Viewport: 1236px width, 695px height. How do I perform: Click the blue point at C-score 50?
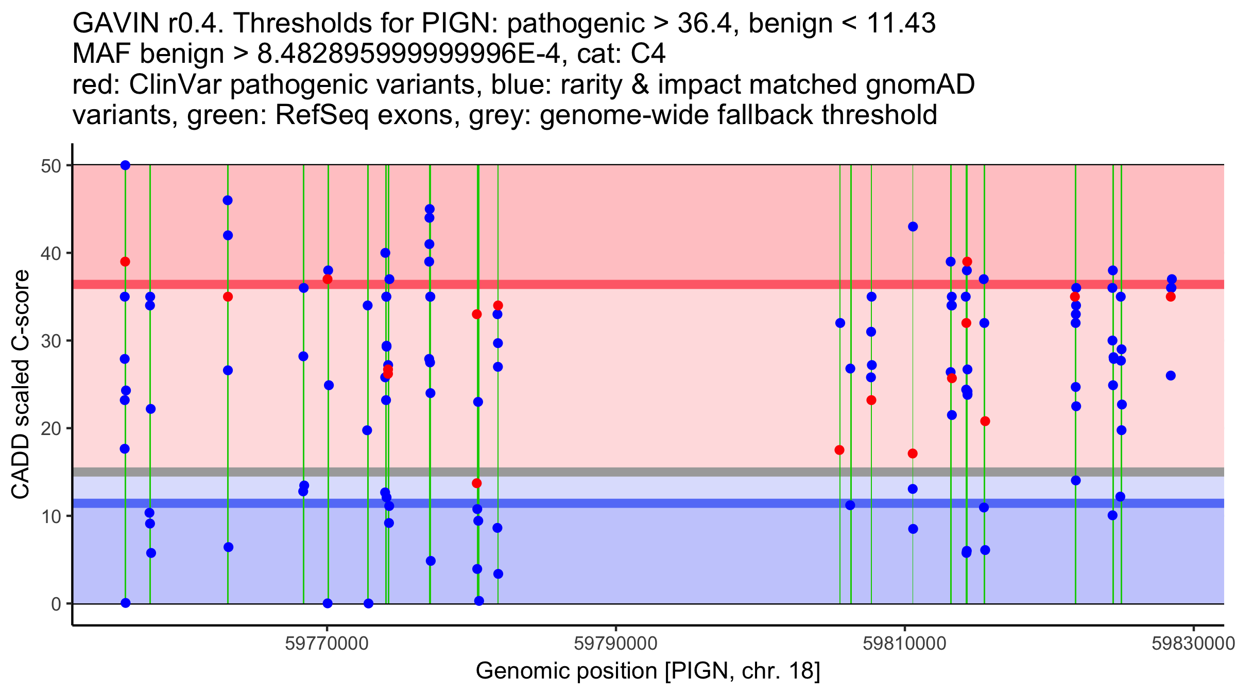(125, 165)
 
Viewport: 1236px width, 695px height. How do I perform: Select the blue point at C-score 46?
(228, 200)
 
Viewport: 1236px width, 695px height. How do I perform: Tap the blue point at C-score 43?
(913, 227)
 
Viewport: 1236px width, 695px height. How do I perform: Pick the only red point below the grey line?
(477, 483)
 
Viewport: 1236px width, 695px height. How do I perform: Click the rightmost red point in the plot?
(1171, 297)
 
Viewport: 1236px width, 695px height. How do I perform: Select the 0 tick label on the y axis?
(56, 604)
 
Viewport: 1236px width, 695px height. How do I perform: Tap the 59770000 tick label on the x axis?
(327, 644)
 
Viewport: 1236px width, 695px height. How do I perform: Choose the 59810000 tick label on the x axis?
(905, 644)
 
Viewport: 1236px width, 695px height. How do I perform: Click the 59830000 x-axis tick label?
(1193, 644)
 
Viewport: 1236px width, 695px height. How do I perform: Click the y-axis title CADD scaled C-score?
(21, 385)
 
